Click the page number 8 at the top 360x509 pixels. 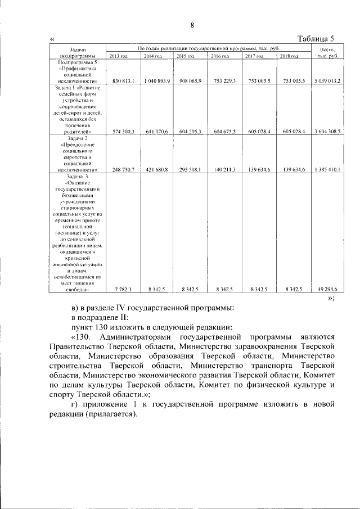tap(192, 25)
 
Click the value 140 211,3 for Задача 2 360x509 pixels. tap(224, 169)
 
